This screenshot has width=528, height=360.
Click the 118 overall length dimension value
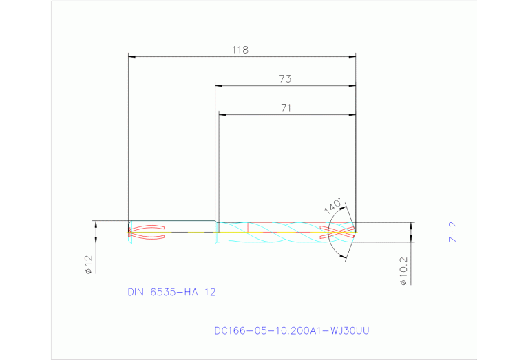[x=240, y=50]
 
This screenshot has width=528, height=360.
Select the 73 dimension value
[x=285, y=79]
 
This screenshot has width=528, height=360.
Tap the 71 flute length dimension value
[x=286, y=108]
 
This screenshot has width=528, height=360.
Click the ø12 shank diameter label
[x=88, y=264]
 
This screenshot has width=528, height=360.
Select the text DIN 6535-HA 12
[x=171, y=292]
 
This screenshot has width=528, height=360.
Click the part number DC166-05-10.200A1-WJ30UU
[x=292, y=330]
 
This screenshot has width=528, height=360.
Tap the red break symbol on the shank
[x=147, y=232]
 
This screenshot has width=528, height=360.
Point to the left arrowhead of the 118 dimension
[x=132, y=56]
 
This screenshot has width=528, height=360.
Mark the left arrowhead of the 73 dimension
[x=219, y=85]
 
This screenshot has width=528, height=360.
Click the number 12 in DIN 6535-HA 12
[x=210, y=292]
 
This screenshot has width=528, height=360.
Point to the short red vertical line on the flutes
[x=247, y=226]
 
